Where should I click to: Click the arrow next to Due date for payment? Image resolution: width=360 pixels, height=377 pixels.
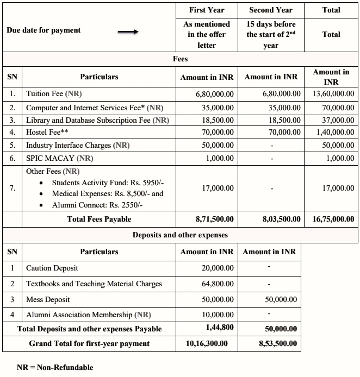point(128,32)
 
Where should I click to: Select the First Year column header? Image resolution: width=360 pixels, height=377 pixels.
point(207,10)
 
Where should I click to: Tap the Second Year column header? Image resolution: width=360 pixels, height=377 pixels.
point(270,10)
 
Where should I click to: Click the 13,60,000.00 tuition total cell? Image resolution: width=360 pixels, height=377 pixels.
point(332,94)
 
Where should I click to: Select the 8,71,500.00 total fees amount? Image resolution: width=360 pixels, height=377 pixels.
point(214,219)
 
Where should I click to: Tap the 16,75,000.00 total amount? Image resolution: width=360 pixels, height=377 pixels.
point(333,219)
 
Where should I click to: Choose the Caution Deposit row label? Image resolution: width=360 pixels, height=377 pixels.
point(52,268)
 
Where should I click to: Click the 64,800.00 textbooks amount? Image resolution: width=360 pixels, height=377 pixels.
point(218,284)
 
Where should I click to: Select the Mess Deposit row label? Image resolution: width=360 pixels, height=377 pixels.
point(48,299)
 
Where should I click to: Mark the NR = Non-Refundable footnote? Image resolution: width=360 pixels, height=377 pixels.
point(54,367)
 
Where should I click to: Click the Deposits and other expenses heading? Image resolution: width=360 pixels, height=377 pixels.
point(180,235)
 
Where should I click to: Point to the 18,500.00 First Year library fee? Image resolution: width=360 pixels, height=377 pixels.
point(218,120)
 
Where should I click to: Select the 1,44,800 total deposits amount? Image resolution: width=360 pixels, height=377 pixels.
point(220,328)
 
